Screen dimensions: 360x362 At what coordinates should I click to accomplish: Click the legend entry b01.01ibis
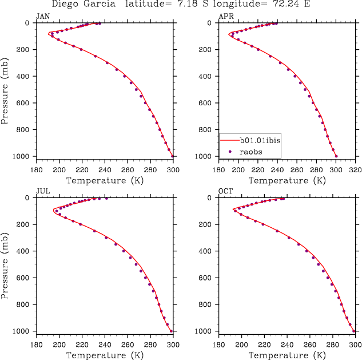[x=259, y=139]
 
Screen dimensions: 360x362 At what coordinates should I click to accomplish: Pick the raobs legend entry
[x=249, y=151]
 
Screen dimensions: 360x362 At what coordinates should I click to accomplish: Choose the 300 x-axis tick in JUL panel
[x=173, y=345]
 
